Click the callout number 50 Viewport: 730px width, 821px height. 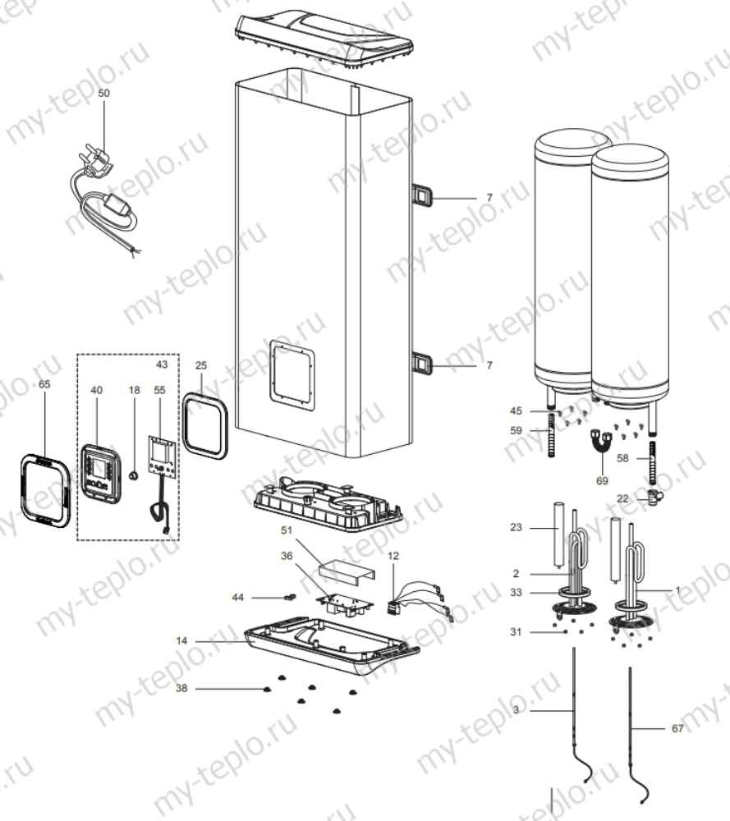(103, 94)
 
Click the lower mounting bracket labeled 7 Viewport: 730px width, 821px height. (422, 362)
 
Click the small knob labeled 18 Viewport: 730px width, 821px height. (131, 475)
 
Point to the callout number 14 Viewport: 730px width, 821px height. (181, 639)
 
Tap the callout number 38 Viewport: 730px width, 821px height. (181, 688)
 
